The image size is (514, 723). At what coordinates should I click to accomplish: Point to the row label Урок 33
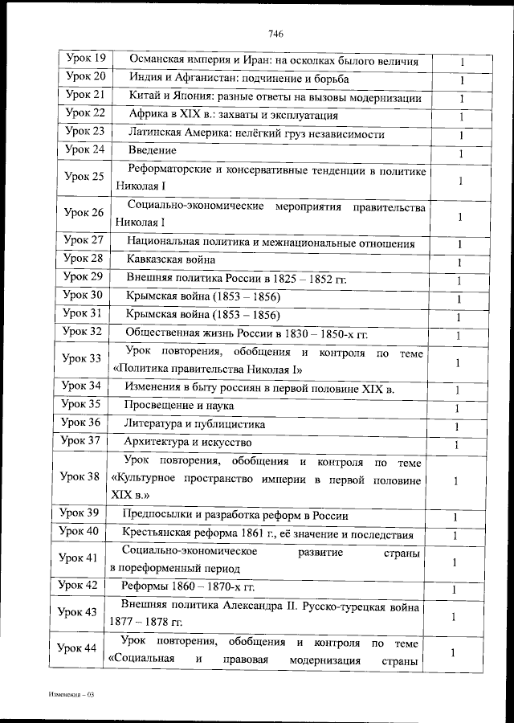click(84, 358)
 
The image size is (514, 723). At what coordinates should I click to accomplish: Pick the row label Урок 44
click(84, 649)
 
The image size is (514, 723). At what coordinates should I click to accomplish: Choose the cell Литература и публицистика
click(194, 424)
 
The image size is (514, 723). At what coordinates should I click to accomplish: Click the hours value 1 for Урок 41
click(456, 562)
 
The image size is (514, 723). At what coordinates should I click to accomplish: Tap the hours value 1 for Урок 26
click(459, 217)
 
